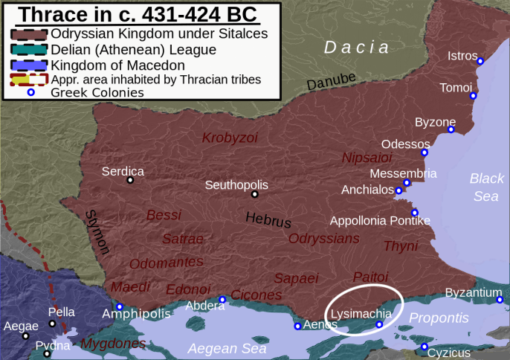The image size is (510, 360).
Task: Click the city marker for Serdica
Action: pos(130,179)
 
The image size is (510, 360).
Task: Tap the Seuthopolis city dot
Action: pos(254,194)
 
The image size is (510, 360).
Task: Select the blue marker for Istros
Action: pos(480,61)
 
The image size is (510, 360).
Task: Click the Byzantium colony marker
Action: pos(500,300)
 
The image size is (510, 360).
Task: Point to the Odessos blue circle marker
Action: pos(425,152)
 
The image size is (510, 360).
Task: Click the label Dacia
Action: pos(356,48)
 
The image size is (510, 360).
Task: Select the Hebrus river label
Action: pos(268,220)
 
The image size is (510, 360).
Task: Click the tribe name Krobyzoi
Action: pos(230,138)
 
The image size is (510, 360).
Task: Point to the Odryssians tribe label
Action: pos(323,238)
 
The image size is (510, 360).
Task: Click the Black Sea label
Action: pos(486,187)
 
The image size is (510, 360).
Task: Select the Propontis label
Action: pos(439,318)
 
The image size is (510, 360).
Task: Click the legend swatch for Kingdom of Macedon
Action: pos(29,65)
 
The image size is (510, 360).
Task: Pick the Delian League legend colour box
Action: pos(29,49)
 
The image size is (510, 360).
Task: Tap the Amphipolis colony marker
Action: pos(119,306)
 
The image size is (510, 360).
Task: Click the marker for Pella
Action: pos(52,324)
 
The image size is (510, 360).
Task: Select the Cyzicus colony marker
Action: pos(424,347)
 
